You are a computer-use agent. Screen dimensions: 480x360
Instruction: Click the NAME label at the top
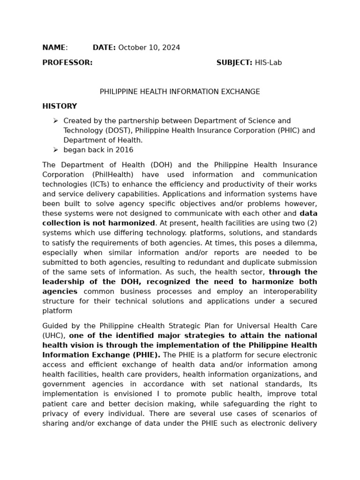(x=54, y=48)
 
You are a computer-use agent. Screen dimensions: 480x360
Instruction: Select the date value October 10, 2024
(x=149, y=48)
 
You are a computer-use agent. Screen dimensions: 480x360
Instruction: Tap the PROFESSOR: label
(x=67, y=63)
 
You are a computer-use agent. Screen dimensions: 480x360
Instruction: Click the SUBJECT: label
(x=234, y=63)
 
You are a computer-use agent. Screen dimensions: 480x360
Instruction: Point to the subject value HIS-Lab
(x=269, y=63)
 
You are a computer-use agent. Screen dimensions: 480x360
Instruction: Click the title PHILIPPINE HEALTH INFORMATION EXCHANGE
(x=180, y=92)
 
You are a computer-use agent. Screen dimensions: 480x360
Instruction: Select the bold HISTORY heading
(x=60, y=106)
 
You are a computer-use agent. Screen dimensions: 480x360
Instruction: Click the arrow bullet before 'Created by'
(x=56, y=121)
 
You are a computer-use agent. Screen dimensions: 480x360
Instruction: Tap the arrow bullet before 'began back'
(x=56, y=150)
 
